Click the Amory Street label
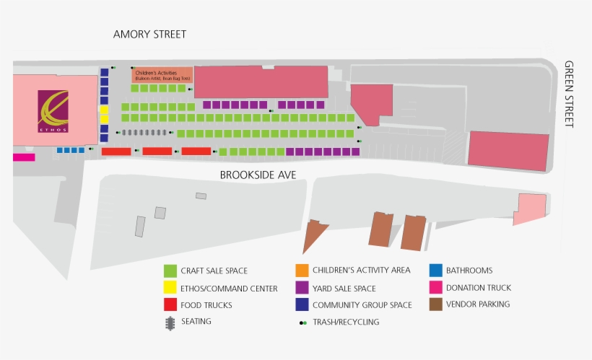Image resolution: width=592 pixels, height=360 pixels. [x=149, y=34]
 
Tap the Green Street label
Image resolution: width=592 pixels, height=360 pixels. [x=568, y=94]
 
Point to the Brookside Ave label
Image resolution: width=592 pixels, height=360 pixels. [x=258, y=175]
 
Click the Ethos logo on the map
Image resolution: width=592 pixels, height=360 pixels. [x=53, y=111]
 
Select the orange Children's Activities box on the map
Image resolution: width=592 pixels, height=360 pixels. [x=162, y=75]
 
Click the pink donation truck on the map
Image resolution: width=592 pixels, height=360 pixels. [x=23, y=157]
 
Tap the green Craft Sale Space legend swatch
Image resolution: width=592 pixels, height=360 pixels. [x=170, y=271]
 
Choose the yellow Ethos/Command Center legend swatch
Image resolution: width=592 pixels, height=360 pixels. [x=170, y=288]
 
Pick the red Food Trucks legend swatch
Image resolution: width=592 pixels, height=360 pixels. [x=170, y=304]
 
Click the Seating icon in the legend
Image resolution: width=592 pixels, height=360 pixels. [x=170, y=322]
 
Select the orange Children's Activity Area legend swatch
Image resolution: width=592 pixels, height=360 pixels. [x=302, y=271]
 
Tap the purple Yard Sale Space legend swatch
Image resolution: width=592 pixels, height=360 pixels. [x=302, y=288]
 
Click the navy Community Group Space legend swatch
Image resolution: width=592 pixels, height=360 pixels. [x=302, y=304]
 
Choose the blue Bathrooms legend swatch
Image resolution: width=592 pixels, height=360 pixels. [x=435, y=271]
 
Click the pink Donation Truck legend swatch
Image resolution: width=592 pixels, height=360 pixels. [x=435, y=288]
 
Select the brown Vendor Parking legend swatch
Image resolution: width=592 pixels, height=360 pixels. [x=435, y=304]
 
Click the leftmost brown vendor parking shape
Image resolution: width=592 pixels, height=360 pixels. [x=314, y=235]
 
